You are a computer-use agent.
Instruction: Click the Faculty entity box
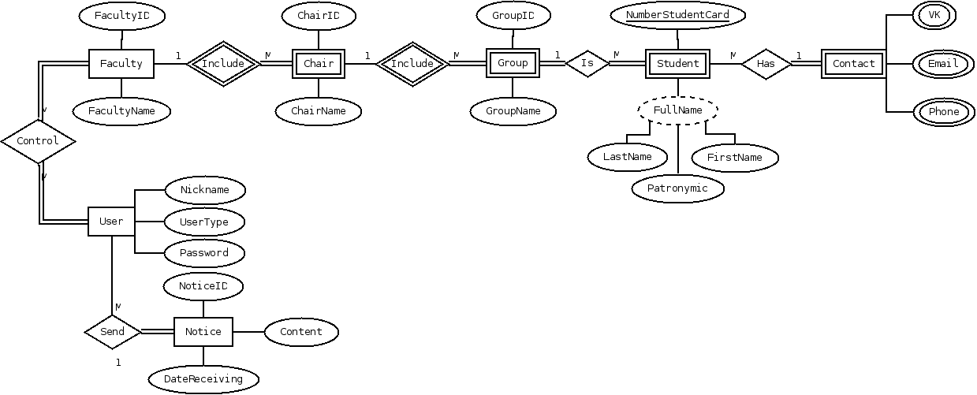click(121, 64)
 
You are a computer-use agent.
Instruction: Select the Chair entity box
click(319, 64)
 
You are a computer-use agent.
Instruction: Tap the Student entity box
click(677, 64)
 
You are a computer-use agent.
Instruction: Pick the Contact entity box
click(853, 64)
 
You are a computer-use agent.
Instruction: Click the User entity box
click(111, 222)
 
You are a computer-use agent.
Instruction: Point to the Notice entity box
click(203, 332)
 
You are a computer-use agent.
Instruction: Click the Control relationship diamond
click(38, 142)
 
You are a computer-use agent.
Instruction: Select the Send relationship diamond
click(113, 332)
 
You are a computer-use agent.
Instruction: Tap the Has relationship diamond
click(766, 64)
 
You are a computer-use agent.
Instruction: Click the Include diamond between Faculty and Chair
click(223, 64)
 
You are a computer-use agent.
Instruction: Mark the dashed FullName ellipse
click(677, 110)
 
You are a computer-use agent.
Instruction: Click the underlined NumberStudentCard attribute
click(677, 15)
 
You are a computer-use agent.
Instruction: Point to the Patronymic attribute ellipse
click(677, 188)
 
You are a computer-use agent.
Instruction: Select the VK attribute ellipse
click(934, 15)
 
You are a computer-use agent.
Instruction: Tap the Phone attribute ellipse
click(943, 112)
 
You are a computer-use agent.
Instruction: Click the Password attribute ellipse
click(204, 253)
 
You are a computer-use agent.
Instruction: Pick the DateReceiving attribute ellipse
click(203, 379)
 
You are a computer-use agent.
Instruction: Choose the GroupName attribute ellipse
click(513, 111)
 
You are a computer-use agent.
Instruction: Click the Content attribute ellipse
click(300, 332)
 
